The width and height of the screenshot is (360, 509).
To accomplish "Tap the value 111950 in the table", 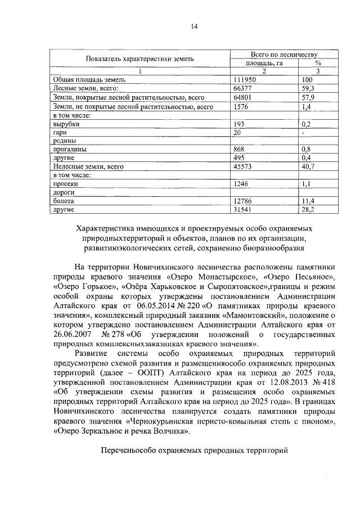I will click(244, 80).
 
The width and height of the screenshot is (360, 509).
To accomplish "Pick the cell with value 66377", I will click(242, 89).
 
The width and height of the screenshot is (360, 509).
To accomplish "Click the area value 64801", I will click(242, 97).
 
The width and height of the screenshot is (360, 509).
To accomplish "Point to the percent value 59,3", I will click(308, 89).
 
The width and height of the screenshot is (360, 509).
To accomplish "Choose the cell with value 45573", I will click(242, 166).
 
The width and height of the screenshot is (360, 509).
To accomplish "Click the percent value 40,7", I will click(308, 166).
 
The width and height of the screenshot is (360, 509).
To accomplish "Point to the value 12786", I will click(242, 201).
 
